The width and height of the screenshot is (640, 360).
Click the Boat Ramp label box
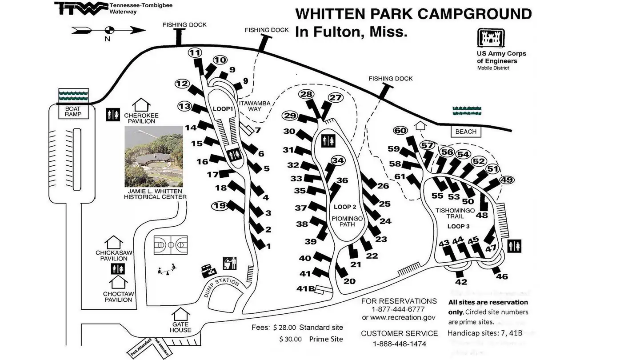tap(73, 111)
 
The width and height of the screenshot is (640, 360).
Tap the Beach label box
tap(465, 132)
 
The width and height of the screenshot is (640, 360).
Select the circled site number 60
tap(400, 130)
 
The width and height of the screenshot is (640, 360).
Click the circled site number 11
tap(195, 53)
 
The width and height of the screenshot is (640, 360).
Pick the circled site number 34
tap(338, 160)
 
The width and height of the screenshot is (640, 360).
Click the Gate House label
tap(180, 327)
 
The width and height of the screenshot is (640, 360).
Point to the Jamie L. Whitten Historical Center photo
tap(153, 156)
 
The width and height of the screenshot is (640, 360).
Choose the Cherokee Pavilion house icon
tap(141, 105)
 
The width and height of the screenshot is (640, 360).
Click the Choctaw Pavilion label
tap(118, 297)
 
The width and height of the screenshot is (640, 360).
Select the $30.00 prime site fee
tap(291, 339)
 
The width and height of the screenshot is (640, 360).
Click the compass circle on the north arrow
tap(109, 30)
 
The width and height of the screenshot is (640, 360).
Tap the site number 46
tap(502, 277)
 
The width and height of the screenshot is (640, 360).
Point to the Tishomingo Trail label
tap(455, 213)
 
